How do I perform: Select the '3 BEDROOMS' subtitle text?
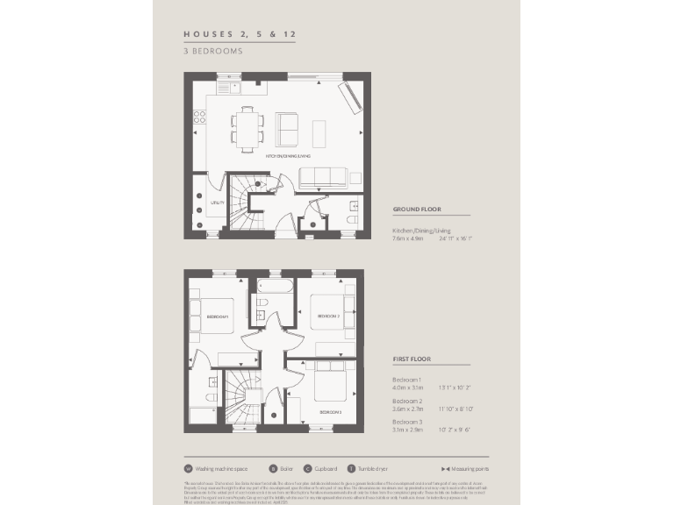click(x=212, y=51)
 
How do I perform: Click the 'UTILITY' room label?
click(x=217, y=203)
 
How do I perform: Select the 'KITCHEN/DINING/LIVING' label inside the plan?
click(x=288, y=156)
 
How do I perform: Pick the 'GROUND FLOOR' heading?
click(x=416, y=210)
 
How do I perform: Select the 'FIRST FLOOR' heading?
click(x=411, y=359)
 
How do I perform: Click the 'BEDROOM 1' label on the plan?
click(x=217, y=317)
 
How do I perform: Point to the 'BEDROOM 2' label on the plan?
click(x=328, y=316)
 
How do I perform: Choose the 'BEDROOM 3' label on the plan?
click(x=330, y=411)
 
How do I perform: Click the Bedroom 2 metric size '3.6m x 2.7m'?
click(x=407, y=408)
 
